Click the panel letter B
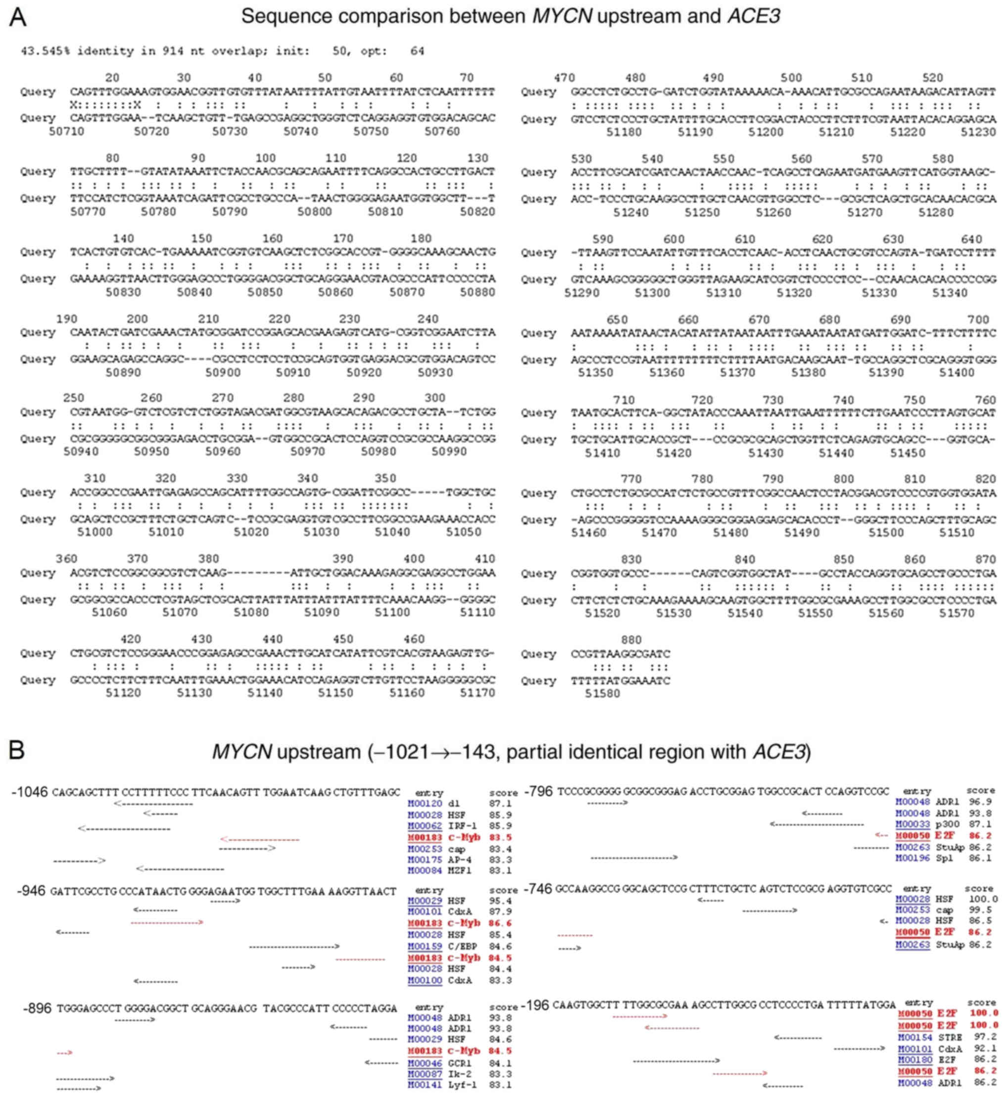(16, 752)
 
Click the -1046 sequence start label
(30, 792)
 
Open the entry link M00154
(914, 1038)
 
